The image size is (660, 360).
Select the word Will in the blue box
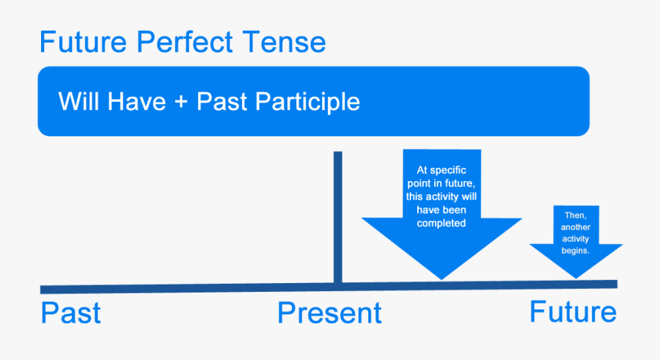click(x=79, y=101)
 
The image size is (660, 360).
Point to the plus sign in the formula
click(x=182, y=102)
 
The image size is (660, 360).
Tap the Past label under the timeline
click(x=70, y=313)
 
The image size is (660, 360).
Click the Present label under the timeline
click(x=329, y=313)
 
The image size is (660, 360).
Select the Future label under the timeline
click(x=573, y=312)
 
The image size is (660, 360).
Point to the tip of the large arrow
click(x=441, y=278)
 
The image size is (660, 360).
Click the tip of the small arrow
click(x=576, y=276)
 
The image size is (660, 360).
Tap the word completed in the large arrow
click(x=441, y=223)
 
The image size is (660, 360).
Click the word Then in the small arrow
click(x=575, y=215)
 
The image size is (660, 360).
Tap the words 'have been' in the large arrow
click(x=441, y=210)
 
